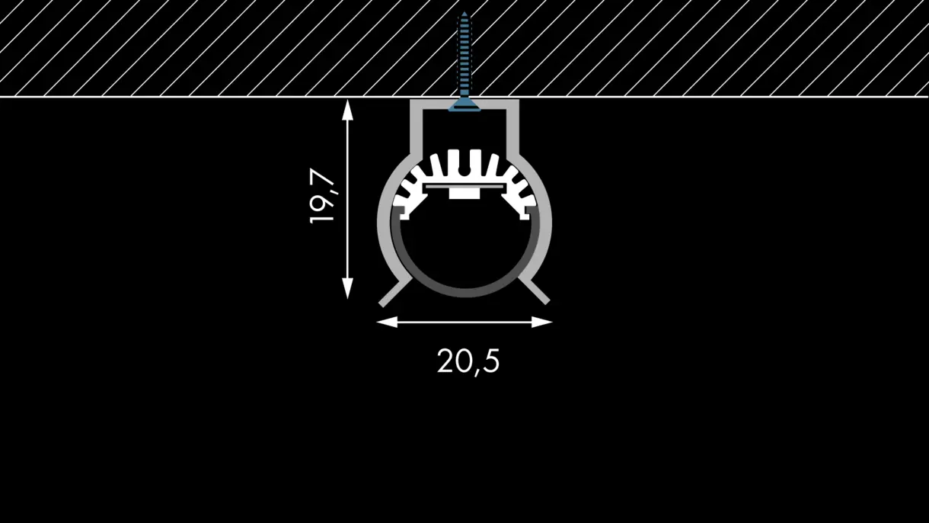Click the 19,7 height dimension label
click(322, 195)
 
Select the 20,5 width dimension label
click(468, 361)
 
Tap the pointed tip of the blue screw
click(464, 13)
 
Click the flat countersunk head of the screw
click(464, 105)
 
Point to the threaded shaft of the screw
click(464, 56)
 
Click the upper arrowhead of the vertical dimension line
click(347, 110)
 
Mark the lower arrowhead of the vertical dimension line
click(347, 288)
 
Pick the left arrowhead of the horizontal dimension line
click(387, 322)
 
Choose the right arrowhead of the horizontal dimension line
click(541, 322)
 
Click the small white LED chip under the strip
click(464, 194)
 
